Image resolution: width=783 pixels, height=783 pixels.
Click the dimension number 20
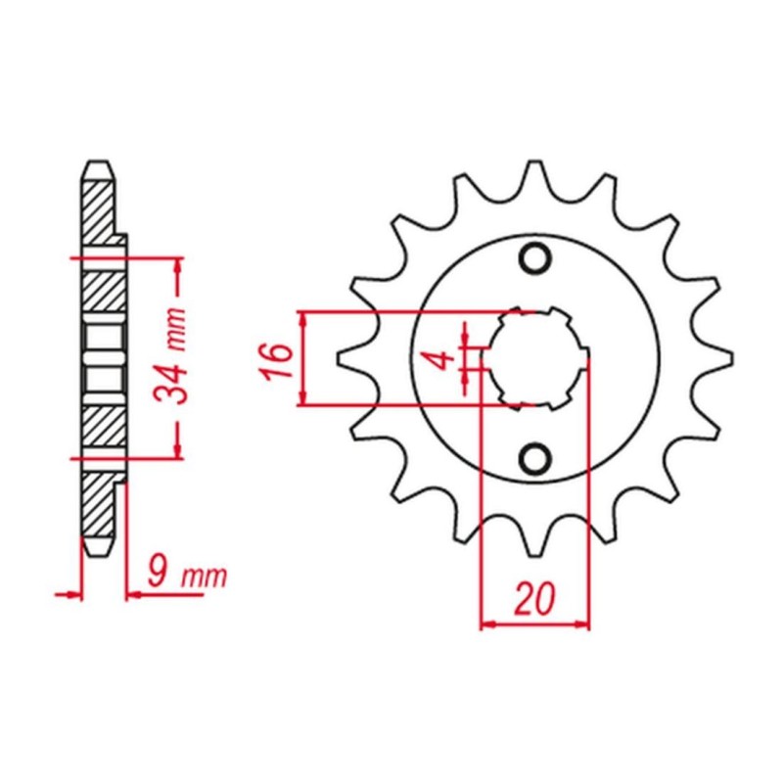(534, 598)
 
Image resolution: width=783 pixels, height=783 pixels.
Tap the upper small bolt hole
(535, 258)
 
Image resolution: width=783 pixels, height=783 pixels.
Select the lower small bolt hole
(535, 458)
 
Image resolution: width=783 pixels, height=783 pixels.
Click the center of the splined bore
(535, 358)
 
